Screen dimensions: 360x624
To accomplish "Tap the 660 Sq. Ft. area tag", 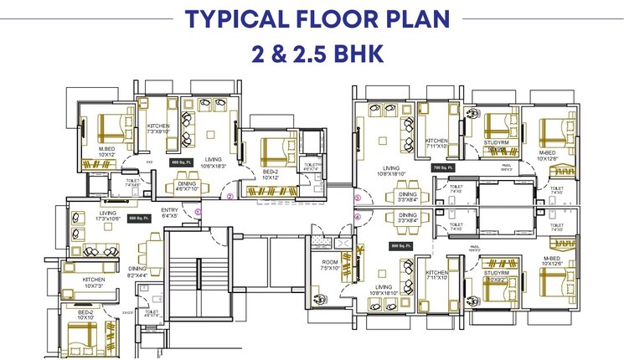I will coord(182,162).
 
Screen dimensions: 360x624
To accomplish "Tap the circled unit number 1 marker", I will coord(199,213).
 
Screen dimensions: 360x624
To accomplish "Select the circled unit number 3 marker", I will coord(357,198).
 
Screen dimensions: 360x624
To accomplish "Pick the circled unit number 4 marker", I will coord(357,218).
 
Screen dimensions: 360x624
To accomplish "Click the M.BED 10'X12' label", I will coord(106,152).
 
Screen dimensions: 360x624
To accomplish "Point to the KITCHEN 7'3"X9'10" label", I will coord(158,127).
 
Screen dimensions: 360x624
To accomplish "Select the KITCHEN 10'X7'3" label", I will coord(94,282).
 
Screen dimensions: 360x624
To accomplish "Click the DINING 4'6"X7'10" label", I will coord(187,187).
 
